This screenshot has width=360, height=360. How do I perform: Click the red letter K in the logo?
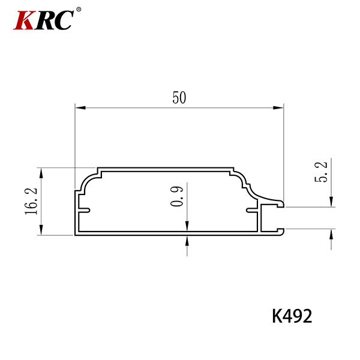(24, 20)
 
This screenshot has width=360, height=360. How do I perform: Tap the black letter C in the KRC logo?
(62, 20)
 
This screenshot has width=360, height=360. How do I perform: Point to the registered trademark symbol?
(79, 10)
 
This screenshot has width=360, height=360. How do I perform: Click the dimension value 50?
(179, 98)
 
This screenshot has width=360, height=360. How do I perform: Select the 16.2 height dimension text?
(31, 202)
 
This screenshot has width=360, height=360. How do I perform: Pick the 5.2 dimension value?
(321, 172)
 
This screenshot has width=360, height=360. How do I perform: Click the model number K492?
(292, 316)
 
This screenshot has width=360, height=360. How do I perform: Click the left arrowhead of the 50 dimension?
(80, 107)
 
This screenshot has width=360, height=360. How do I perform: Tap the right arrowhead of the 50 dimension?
(278, 107)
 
